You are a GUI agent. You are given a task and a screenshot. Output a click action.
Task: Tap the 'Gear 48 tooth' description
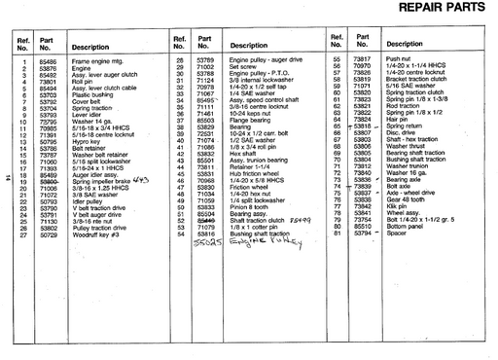pyautogui.click(x=405, y=200)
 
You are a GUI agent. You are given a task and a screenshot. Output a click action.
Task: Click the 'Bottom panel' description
pyautogui.click(x=407, y=228)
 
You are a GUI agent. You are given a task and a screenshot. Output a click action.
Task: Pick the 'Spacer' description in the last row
pyautogui.click(x=398, y=234)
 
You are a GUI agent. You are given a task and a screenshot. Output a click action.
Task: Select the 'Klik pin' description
pyautogui.click(x=397, y=207)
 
